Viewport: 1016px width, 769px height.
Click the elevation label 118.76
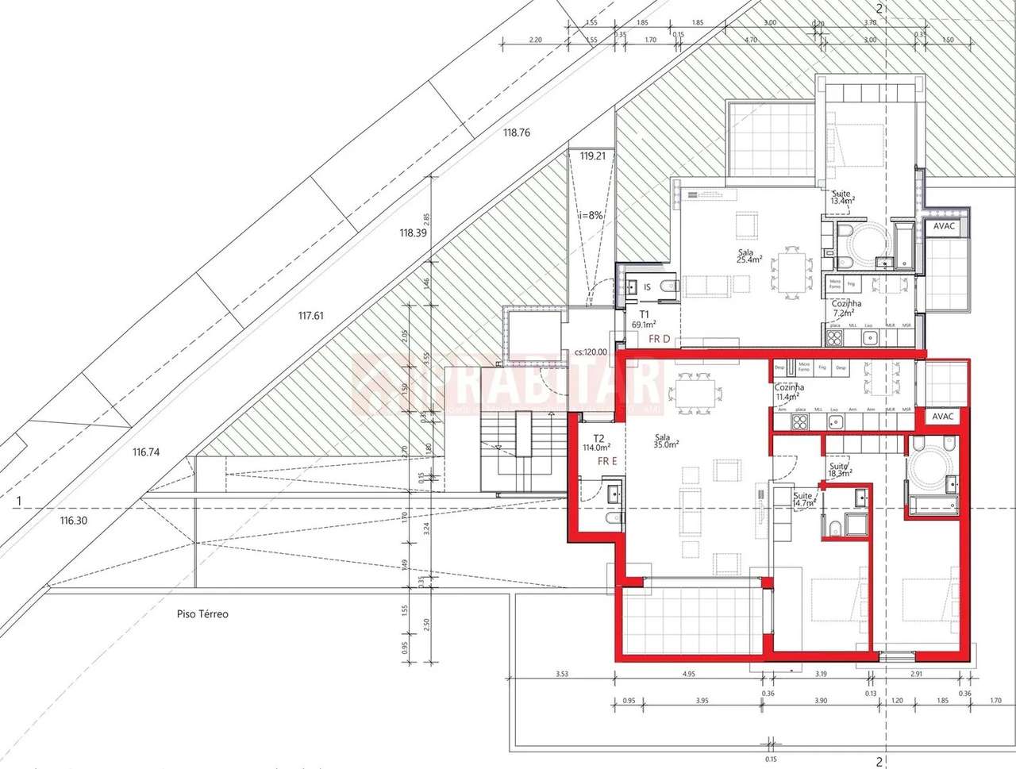pyautogui.click(x=516, y=133)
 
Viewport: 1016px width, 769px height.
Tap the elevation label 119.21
pyautogui.click(x=593, y=156)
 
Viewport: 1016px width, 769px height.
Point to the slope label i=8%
pyautogui.click(x=592, y=215)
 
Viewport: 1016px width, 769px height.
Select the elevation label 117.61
pyautogui.click(x=310, y=316)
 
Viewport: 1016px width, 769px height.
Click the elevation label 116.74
pyautogui.click(x=146, y=452)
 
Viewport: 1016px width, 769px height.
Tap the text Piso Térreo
pyautogui.click(x=202, y=614)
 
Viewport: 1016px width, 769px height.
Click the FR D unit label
pyautogui.click(x=660, y=340)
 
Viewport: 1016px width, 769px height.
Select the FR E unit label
pyautogui.click(x=607, y=461)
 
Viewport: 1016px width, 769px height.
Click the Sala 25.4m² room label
pyautogui.click(x=749, y=256)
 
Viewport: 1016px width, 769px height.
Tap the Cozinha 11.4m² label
pyautogui.click(x=788, y=392)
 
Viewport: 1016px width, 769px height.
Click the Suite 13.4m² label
pyautogui.click(x=841, y=198)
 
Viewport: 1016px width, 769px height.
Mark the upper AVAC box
pyautogui.click(x=945, y=226)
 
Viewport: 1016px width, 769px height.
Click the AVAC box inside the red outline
pyautogui.click(x=943, y=416)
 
